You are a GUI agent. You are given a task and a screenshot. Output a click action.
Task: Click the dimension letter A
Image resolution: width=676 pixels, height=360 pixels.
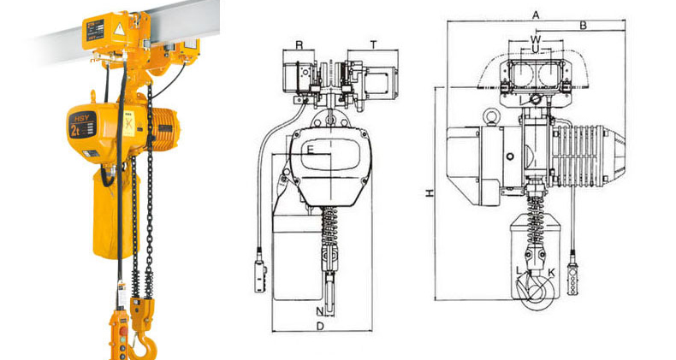(x=536, y=15)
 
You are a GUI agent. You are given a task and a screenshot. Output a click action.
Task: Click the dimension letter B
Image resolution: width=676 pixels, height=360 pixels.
(x=583, y=26)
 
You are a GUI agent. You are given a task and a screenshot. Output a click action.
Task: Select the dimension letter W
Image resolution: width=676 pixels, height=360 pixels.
(x=536, y=39)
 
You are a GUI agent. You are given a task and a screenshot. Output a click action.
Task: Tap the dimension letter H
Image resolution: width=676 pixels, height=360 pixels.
(x=430, y=193)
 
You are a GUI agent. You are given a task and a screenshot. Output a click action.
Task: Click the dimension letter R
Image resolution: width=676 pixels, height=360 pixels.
(x=299, y=44)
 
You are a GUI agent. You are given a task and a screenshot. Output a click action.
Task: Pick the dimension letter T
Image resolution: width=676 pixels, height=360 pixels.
(x=374, y=44)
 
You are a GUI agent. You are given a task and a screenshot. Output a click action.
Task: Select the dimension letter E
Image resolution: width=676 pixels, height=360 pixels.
(x=311, y=150)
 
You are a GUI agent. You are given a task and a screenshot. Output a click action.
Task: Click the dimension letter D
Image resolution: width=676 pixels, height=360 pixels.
(x=319, y=326)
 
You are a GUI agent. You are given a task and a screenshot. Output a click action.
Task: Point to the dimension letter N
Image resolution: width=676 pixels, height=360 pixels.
(x=319, y=310)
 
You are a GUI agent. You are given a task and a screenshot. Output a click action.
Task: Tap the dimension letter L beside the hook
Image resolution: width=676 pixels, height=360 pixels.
(x=519, y=271)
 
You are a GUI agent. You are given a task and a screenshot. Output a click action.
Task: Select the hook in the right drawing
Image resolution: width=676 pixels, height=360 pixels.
(x=536, y=285)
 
